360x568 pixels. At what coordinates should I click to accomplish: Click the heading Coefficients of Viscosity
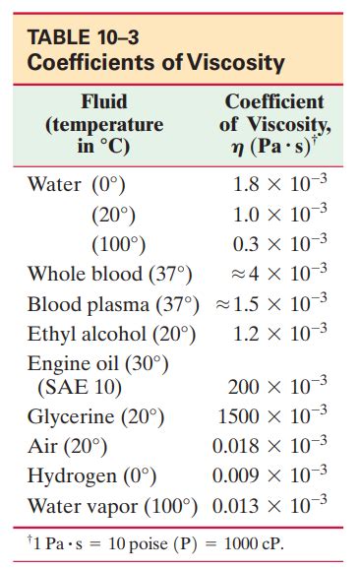pos(156,64)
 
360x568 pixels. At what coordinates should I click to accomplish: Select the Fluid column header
pos(103,101)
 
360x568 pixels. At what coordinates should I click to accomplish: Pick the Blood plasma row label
pos(112,303)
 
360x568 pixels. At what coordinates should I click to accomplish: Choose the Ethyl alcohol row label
pos(111,334)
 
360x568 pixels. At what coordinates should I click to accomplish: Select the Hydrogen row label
pos(91,477)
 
